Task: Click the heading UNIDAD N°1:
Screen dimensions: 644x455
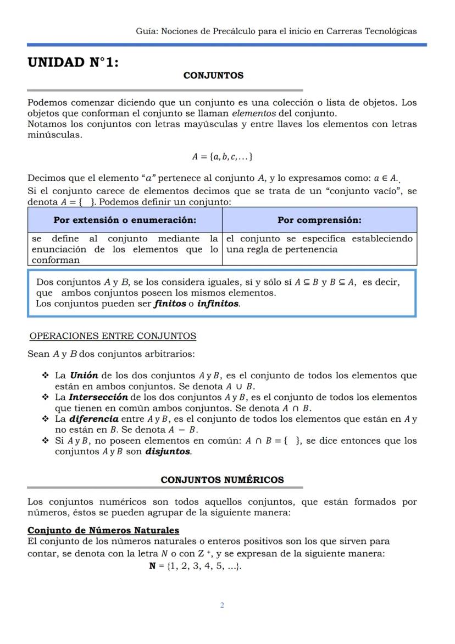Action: tap(73, 63)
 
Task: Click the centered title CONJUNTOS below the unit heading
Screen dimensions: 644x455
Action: tap(213, 75)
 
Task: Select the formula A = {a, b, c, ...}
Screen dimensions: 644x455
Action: tap(222, 157)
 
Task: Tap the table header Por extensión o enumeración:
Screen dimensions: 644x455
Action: tap(125, 220)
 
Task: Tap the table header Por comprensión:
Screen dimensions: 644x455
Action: tap(319, 220)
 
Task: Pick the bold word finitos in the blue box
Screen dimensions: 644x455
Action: tap(169, 304)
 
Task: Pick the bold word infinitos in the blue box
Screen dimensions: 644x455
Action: tap(218, 304)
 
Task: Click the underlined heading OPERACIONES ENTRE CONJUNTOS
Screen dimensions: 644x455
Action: tap(113, 336)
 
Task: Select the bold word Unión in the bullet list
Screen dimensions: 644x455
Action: tap(84, 376)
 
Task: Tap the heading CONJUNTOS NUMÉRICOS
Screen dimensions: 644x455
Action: tap(222, 480)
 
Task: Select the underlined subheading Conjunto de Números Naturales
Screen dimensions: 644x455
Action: tap(103, 531)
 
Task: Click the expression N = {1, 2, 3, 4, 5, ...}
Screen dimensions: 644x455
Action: tap(195, 566)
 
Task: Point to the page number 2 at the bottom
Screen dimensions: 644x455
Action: tap(222, 606)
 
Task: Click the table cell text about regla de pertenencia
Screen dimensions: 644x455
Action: tap(282, 250)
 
